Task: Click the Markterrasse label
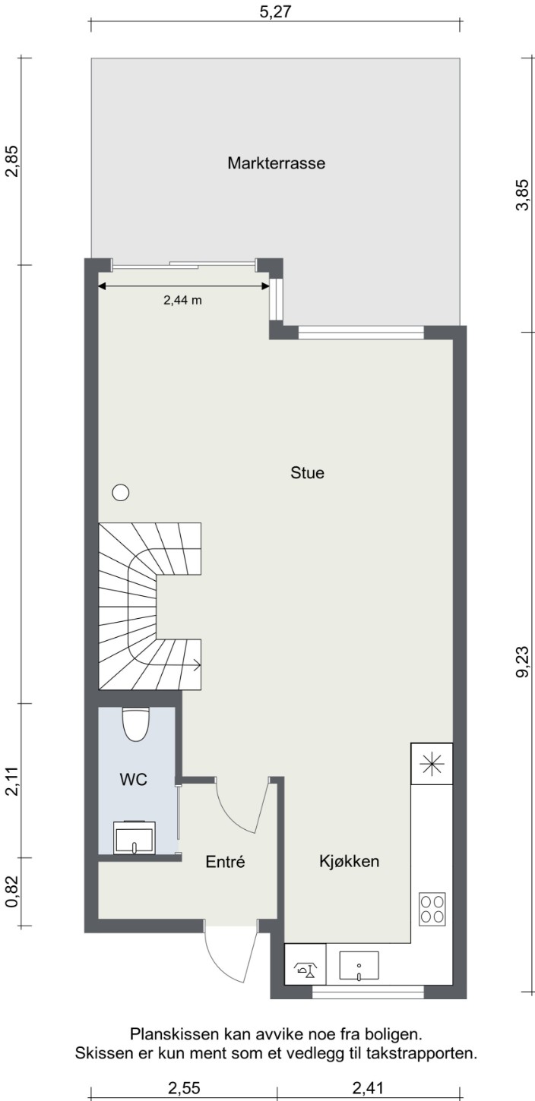[x=277, y=163]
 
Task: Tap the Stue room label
[x=307, y=473]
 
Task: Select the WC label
[x=133, y=779]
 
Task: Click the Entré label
[x=225, y=862]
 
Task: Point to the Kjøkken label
[x=349, y=861]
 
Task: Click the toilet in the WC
[x=135, y=724]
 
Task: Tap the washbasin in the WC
[x=135, y=837]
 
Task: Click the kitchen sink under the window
[x=359, y=967]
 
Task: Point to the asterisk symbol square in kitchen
[x=432, y=763]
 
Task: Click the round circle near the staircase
[x=121, y=492]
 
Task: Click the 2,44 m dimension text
[x=182, y=300]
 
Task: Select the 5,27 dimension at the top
[x=275, y=11]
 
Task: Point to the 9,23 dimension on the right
[x=522, y=662]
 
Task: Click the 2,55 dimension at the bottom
[x=184, y=1089]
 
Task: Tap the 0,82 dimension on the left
[x=12, y=891]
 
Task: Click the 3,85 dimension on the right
[x=522, y=195]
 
